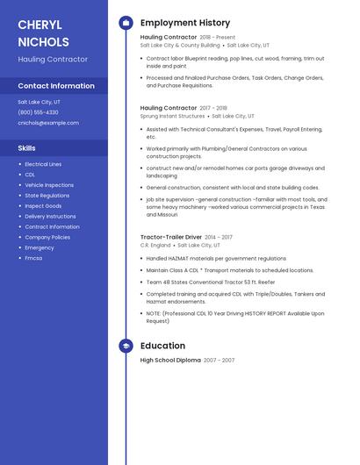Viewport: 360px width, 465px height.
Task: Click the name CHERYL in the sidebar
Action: (40, 25)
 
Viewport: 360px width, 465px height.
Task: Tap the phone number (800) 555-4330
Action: (38, 112)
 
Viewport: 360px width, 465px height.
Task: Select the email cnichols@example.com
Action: (48, 123)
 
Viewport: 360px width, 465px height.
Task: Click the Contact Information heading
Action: (56, 86)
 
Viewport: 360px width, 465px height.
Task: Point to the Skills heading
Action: (26, 148)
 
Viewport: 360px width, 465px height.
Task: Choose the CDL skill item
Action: (30, 175)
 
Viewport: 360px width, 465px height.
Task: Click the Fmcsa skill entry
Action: (33, 258)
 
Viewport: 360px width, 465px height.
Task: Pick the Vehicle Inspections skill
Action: (49, 185)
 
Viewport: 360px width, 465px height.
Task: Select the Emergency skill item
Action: (40, 247)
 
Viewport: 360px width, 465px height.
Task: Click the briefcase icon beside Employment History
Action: (126, 23)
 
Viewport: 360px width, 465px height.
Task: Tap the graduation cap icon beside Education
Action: (126, 346)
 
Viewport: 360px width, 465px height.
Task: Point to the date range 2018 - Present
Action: (218, 38)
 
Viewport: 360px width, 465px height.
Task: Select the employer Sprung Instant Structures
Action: (172, 116)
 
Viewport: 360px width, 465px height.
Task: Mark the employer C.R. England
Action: (155, 246)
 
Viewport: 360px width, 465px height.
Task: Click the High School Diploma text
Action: (170, 360)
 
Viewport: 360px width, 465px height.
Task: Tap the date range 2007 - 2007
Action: (220, 361)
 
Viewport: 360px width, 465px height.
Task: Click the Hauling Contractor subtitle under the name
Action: (53, 59)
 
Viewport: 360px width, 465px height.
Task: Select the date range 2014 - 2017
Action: (220, 237)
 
